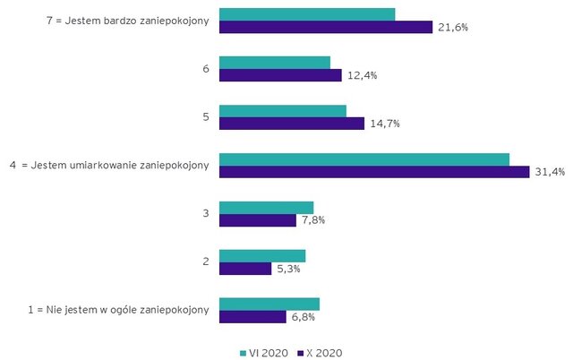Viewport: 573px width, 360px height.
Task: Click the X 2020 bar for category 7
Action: coord(326,28)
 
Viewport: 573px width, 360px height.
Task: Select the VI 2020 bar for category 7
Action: coord(307,14)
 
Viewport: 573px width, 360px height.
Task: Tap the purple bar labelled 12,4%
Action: coord(280,75)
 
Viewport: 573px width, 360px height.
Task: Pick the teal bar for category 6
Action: coord(275,63)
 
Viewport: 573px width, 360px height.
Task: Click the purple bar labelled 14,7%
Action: coord(292,124)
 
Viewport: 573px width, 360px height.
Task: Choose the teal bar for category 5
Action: coord(283,111)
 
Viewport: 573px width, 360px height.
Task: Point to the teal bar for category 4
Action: coord(364,159)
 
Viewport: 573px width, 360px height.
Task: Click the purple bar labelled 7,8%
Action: coord(258,220)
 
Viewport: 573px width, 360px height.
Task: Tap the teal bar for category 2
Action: coord(262,255)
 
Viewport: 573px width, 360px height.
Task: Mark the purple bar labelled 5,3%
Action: coord(245,269)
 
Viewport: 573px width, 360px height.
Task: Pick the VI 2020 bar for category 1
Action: coord(269,304)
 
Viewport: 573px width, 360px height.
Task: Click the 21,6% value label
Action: coord(454,28)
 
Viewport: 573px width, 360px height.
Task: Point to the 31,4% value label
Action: coord(550,172)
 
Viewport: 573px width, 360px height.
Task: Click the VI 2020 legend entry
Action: coord(264,353)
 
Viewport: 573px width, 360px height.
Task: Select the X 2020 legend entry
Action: coord(320,353)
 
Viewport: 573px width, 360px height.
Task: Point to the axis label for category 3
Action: coord(206,213)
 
